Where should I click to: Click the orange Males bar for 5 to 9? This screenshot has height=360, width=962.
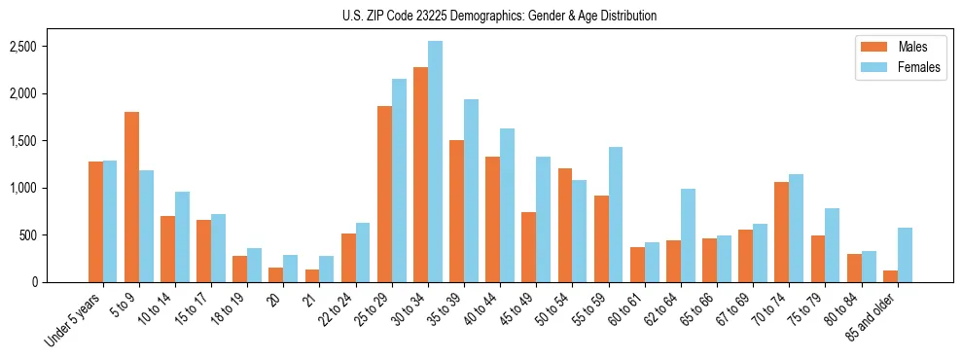[x=131, y=198]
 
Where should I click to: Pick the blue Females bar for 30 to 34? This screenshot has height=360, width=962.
[x=435, y=162]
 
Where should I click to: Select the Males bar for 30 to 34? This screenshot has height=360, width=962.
[x=420, y=175]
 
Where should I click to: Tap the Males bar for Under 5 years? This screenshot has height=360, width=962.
[x=95, y=222]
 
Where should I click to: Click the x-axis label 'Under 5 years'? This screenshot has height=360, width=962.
[x=74, y=320]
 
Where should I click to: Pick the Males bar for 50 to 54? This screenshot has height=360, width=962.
[x=565, y=226]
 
